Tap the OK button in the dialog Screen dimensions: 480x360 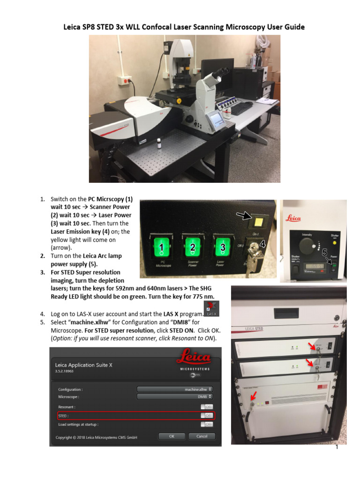pyautogui.click(x=171, y=436)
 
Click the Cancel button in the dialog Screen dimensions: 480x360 pyautogui.click(x=202, y=436)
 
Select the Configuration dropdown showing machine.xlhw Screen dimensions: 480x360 pyautogui.click(x=175, y=389)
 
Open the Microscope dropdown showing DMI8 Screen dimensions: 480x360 pyautogui.click(x=175, y=397)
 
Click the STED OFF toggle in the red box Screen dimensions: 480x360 pyautogui.click(x=207, y=415)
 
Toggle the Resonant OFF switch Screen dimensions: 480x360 pyautogui.click(x=207, y=407)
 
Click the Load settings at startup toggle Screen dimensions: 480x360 pyautogui.click(x=207, y=424)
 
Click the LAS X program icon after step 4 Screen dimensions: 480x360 pyautogui.click(x=212, y=309)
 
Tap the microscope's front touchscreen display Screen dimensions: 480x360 pyautogui.click(x=217, y=120)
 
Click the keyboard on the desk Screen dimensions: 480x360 pyautogui.click(x=242, y=108)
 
